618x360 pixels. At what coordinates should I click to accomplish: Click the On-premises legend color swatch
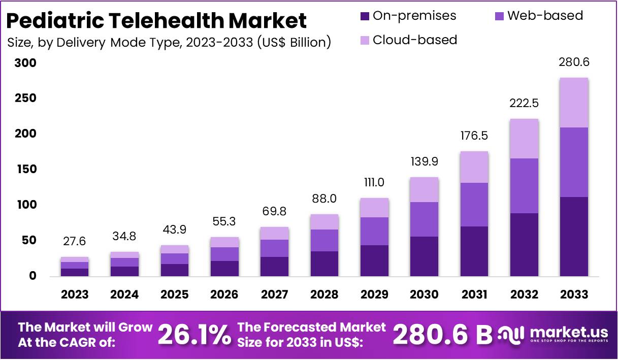[x=364, y=16]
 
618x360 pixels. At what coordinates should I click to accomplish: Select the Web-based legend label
[x=545, y=16]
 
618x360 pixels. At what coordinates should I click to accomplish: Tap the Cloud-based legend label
[x=414, y=40]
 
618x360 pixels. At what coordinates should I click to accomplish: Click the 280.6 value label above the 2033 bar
[x=574, y=63]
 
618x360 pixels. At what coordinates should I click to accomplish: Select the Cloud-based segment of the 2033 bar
[x=574, y=103]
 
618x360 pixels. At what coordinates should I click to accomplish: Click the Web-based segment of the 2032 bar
[x=524, y=186]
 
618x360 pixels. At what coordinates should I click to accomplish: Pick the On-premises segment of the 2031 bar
[x=474, y=251]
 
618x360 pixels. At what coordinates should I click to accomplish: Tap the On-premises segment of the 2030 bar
[x=424, y=256]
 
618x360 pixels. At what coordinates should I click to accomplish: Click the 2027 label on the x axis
[x=274, y=294]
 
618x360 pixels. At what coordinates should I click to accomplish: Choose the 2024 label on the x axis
[x=124, y=294]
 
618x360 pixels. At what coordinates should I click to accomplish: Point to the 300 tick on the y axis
[x=25, y=63]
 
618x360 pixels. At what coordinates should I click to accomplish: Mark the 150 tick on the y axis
[x=25, y=170]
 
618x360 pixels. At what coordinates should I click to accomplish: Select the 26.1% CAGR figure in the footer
[x=194, y=335]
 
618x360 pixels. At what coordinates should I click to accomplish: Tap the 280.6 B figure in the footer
[x=443, y=335]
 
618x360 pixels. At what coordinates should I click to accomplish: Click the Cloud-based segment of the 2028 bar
[x=324, y=222]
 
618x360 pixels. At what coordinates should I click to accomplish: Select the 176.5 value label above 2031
[x=474, y=136]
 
